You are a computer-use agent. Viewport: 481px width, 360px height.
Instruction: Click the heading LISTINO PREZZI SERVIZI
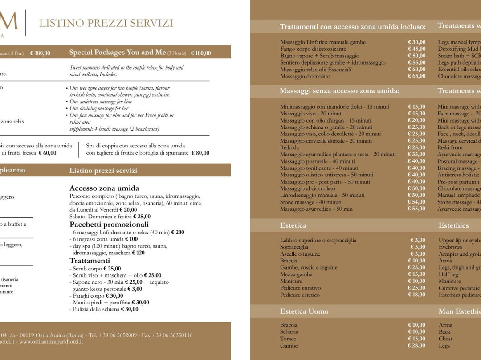(x=106, y=23)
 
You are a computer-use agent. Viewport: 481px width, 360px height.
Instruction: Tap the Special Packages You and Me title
(x=117, y=53)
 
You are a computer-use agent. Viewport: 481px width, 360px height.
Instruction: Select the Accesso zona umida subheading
(x=104, y=188)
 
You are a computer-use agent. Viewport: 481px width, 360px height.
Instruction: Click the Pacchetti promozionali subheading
(x=109, y=225)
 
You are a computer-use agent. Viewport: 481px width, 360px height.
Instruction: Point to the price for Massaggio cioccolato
(x=416, y=76)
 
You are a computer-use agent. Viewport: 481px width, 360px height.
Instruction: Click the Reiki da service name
(x=289, y=147)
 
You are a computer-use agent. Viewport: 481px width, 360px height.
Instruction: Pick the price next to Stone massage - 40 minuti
(x=416, y=202)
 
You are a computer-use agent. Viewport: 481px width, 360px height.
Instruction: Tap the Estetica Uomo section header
(x=304, y=311)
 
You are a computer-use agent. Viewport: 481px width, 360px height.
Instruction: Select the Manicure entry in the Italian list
(x=291, y=281)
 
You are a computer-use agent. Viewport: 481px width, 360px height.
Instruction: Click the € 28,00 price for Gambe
(x=416, y=346)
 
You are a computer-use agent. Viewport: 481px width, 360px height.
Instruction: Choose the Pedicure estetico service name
(x=300, y=295)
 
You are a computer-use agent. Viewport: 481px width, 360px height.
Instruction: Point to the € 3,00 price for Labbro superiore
(x=418, y=240)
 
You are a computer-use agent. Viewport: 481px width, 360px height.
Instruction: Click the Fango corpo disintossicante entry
(x=313, y=49)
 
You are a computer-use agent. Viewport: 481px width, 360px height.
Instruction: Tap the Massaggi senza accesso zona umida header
(x=339, y=91)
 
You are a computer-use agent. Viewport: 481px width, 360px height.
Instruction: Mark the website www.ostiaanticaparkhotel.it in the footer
(x=51, y=342)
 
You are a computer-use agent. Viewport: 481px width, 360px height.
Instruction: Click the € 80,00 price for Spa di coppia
(x=200, y=153)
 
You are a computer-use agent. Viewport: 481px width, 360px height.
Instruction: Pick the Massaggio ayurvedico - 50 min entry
(x=316, y=209)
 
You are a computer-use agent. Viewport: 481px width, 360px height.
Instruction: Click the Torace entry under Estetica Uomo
(x=288, y=339)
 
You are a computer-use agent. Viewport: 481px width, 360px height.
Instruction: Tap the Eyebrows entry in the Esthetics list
(x=450, y=247)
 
